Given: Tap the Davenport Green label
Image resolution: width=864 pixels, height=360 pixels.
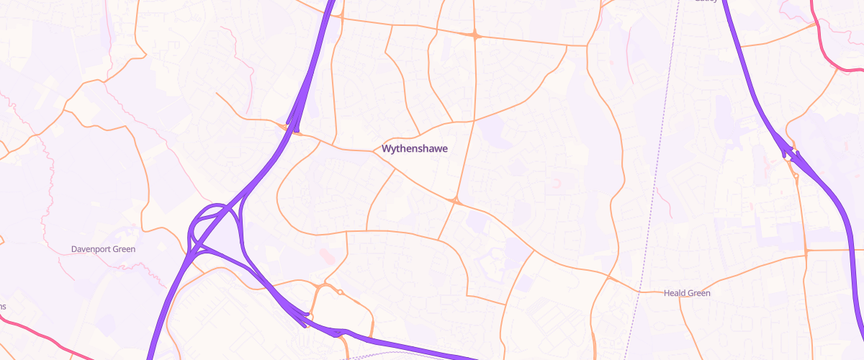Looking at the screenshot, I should [103, 249].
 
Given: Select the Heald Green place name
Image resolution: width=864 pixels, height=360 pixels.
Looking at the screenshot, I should [686, 293].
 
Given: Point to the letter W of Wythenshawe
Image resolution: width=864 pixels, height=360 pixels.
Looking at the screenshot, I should [385, 149].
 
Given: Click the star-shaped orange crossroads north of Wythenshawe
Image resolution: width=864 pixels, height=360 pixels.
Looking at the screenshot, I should [475, 35].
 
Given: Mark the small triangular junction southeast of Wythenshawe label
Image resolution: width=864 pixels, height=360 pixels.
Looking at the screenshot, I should [455, 201].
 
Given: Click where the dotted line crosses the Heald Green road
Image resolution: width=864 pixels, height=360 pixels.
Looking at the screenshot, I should [639, 291].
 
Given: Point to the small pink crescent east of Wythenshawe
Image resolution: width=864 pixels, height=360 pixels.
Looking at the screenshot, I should [556, 184].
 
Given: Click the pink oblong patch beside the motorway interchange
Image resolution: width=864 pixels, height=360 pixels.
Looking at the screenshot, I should [326, 256].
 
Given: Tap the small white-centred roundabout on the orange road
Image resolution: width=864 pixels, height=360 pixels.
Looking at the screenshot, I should [340, 292].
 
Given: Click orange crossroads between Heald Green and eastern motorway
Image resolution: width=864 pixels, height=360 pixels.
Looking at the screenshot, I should [806, 251].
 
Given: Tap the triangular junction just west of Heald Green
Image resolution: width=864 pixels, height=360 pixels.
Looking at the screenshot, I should [608, 276].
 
